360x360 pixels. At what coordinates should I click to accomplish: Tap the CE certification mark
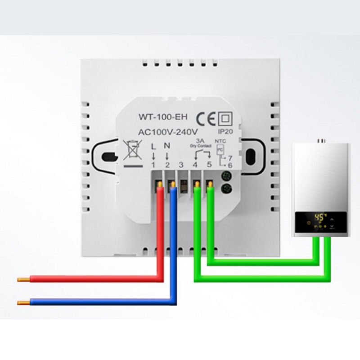tap(206, 118)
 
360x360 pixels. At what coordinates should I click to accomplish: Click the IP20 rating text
tap(225, 132)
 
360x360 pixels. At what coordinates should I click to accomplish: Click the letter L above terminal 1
tap(153, 146)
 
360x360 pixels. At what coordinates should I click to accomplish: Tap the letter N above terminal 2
tap(167, 146)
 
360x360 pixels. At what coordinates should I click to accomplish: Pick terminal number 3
tap(181, 165)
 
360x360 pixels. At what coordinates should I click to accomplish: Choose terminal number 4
tap(195, 165)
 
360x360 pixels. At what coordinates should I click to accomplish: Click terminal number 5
tap(209, 165)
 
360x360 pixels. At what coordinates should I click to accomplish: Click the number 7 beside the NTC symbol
tap(230, 158)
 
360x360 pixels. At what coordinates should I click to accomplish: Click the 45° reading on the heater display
tap(319, 217)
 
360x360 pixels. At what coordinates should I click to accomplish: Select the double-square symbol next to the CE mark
tap(224, 118)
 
